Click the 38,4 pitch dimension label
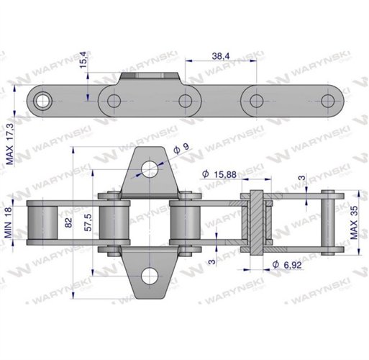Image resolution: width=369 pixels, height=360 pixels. pos(221,56)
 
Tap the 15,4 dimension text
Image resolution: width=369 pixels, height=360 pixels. pos(83,60)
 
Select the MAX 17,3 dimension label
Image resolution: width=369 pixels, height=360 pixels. pos(10,144)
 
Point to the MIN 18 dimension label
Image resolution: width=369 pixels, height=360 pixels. pos(8,222)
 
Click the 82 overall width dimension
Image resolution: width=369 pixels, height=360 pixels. pos(68,222)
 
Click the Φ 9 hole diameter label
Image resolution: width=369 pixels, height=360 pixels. pos(181,148)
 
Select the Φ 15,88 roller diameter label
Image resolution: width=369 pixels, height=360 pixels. pos(219,174)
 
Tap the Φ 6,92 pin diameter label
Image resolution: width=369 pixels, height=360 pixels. pos(287,265)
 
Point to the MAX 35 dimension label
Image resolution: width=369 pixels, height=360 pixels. pos(354,222)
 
